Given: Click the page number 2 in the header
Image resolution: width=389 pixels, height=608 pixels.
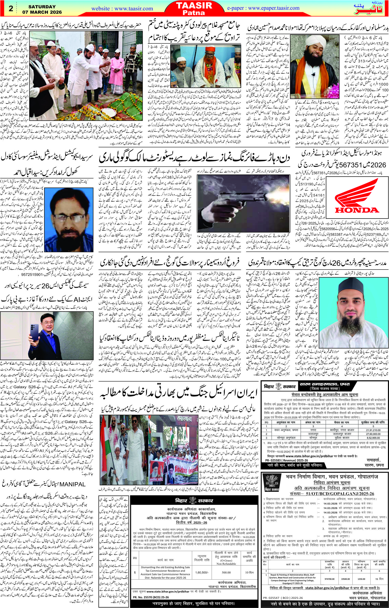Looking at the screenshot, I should click(x=11, y=9).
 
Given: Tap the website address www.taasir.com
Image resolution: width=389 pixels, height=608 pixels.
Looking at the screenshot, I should click(x=122, y=9).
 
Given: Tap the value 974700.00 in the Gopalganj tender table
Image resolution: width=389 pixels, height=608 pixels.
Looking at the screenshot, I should click(x=328, y=587).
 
